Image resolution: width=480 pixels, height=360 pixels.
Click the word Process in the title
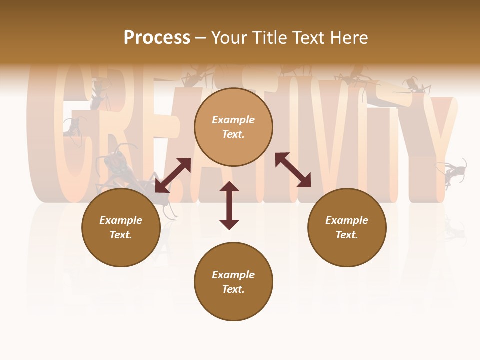coord(157,38)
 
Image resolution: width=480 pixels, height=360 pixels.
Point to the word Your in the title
coord(228,38)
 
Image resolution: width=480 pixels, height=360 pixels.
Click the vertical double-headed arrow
coord(229,205)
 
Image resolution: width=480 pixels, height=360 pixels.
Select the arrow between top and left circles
coord(173,175)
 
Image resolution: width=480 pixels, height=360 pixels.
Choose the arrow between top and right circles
coord(293,170)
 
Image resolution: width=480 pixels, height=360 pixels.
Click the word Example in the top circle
coord(233,120)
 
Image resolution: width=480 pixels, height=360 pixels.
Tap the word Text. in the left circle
coord(121,235)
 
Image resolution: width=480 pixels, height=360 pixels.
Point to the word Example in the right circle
coord(347,220)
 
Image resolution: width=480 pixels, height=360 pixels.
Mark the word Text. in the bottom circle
coord(233,289)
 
